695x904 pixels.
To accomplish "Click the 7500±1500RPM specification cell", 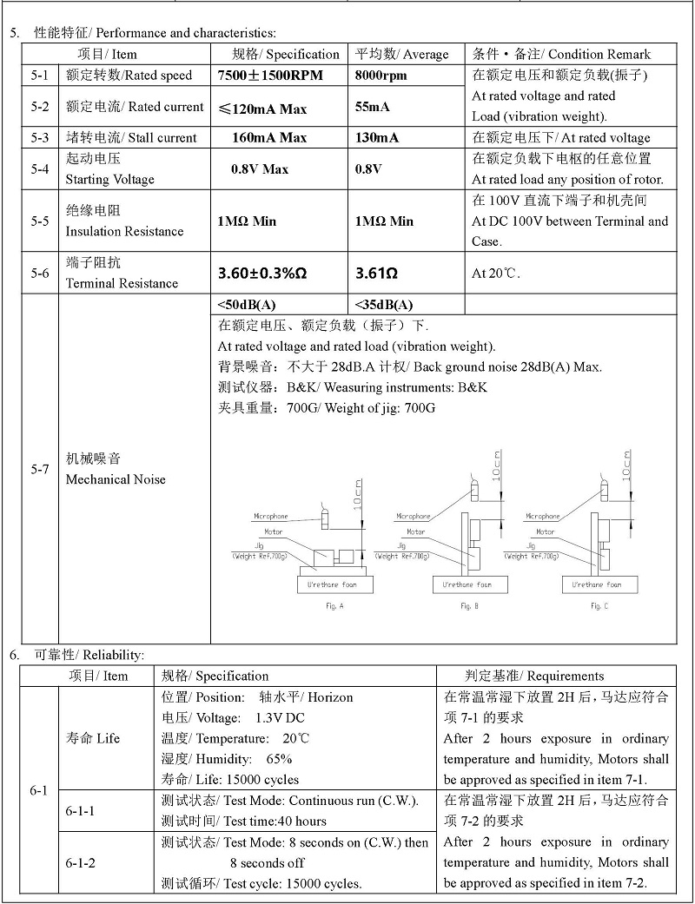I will tap(269, 76).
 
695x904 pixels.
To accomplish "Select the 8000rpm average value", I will tap(381, 76).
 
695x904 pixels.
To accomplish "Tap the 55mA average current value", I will tap(373, 107).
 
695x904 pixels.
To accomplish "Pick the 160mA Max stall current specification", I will tap(269, 137).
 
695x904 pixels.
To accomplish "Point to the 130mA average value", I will tap(377, 137).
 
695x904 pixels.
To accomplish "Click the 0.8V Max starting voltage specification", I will tap(260, 169).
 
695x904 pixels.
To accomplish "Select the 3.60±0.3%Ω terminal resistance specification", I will tap(262, 274).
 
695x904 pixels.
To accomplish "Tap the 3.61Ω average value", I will tap(376, 274).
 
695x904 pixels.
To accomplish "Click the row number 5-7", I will tap(40, 469).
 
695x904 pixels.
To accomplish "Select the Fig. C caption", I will tap(599, 605).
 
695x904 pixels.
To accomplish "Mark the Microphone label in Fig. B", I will tap(414, 517).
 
